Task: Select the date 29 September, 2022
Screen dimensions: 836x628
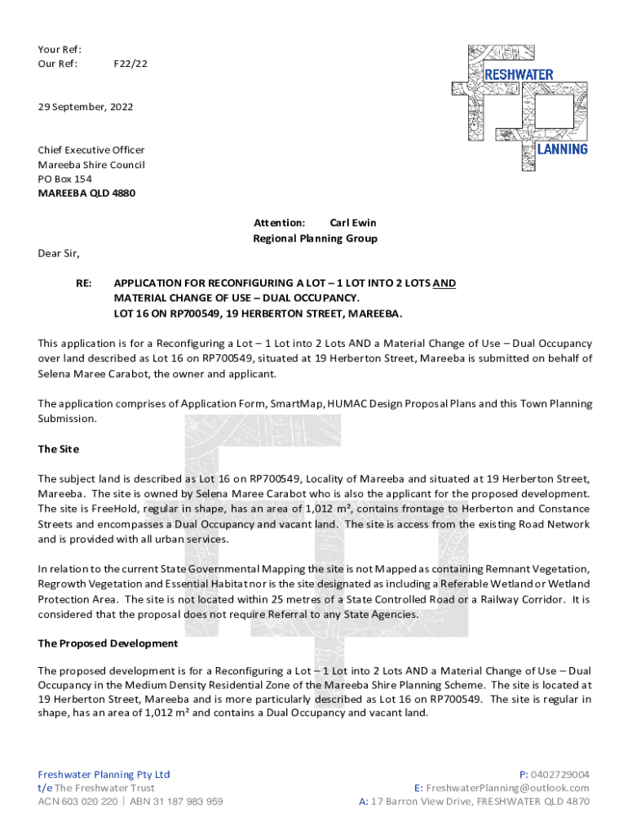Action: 86,107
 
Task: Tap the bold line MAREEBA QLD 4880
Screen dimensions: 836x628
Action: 86,193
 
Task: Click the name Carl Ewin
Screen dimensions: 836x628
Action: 352,222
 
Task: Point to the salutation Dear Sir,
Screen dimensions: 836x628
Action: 59,253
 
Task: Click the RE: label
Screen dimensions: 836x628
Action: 84,283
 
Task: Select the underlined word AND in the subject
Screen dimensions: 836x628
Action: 444,283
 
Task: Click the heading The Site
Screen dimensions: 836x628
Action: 58,449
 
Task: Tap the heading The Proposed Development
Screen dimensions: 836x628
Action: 108,643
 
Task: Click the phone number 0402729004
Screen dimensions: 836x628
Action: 559,774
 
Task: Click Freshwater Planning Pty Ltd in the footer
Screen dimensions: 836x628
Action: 104,774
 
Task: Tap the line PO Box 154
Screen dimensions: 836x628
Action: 65,179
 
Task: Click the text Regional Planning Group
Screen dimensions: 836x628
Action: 315,238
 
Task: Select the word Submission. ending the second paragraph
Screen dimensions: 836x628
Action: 68,418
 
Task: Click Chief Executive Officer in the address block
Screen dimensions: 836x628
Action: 91,149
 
